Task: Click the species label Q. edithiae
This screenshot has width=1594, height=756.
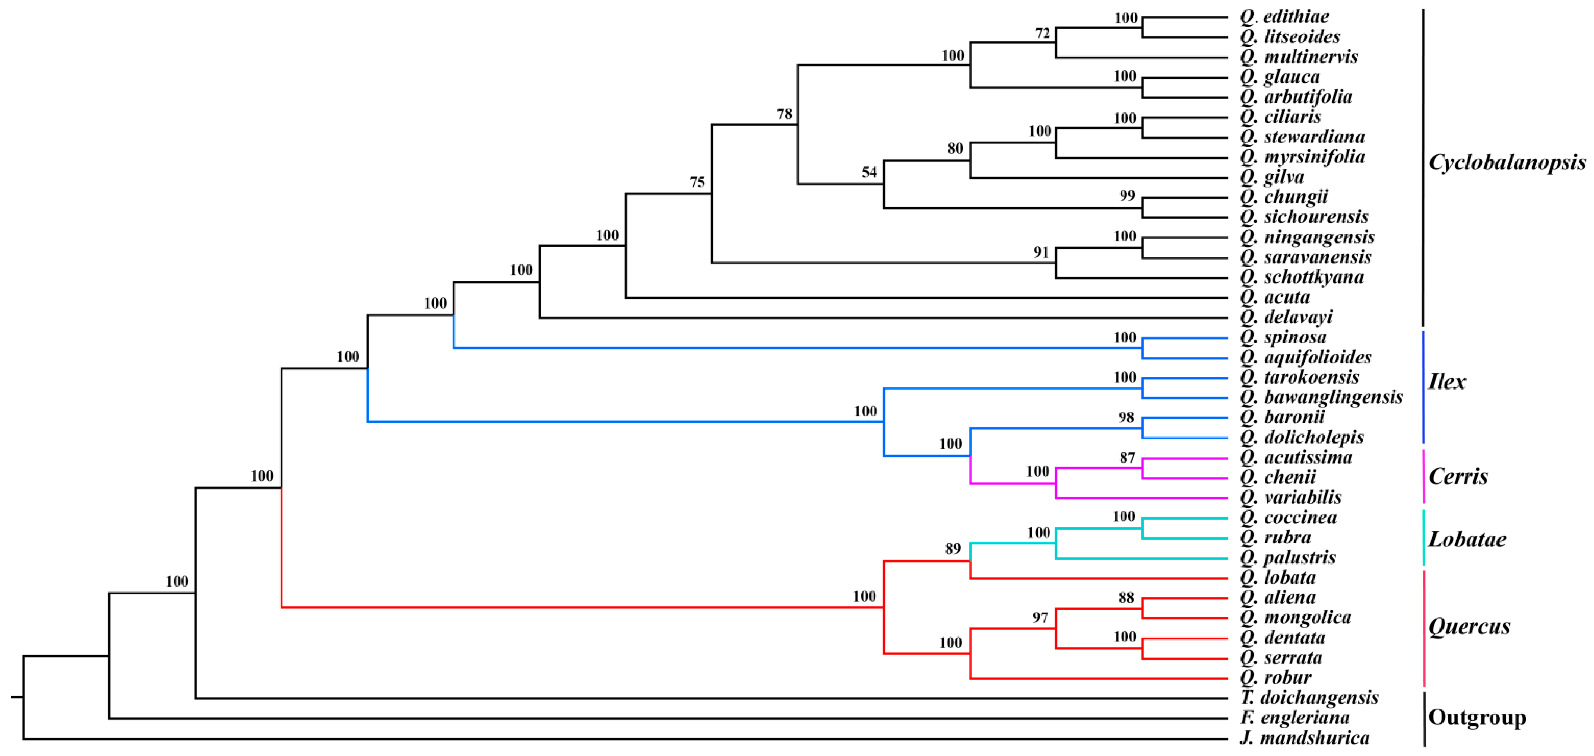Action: (1284, 17)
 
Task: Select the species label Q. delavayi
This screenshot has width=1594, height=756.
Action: (1286, 317)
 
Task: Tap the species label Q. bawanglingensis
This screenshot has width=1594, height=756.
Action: (1321, 397)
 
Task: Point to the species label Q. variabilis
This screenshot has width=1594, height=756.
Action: (1290, 498)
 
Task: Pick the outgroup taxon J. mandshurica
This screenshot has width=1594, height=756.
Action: (1305, 738)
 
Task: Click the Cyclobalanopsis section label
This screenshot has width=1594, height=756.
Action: (1507, 163)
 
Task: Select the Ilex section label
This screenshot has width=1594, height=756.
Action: (1447, 382)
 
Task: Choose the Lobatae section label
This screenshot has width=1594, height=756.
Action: (1467, 540)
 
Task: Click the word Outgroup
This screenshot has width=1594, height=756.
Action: (1477, 718)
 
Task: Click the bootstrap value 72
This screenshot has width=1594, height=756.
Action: (1043, 34)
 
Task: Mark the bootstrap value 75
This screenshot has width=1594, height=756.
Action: (697, 182)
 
